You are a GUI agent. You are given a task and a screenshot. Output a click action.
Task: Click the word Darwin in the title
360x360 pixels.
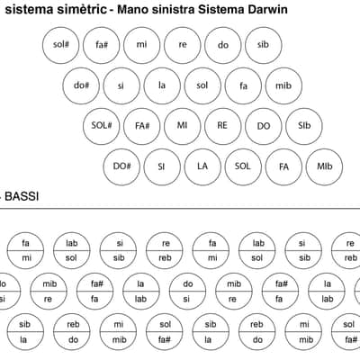tap(267, 9)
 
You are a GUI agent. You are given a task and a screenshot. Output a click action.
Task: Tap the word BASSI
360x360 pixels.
tap(22, 196)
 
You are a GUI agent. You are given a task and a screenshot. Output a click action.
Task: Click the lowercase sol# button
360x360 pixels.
tap(61, 45)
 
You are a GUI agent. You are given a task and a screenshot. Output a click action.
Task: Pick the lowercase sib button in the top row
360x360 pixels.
tap(264, 45)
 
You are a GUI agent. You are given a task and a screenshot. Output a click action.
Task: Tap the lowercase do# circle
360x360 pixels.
tap(81, 85)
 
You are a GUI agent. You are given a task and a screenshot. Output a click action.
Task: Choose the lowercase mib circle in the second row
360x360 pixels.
tap(283, 85)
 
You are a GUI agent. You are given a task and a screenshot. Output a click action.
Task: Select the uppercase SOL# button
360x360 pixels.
tap(102, 126)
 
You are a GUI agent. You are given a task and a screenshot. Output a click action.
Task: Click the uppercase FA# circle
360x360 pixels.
tap(142, 126)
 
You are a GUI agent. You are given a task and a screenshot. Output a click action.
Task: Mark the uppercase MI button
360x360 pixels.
tap(183, 126)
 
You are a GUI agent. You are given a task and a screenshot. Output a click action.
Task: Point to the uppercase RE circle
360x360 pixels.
tap(223, 126)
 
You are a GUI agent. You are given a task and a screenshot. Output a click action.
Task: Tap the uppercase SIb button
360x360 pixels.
tap(304, 126)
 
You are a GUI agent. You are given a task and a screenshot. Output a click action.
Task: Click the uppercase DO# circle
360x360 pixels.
tap(121, 166)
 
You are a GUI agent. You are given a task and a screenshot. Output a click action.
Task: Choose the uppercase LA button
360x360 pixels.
tap(202, 166)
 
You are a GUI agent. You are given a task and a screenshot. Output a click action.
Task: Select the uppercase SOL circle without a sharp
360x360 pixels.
tap(243, 166)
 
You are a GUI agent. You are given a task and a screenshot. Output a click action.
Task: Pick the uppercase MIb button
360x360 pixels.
tap(325, 166)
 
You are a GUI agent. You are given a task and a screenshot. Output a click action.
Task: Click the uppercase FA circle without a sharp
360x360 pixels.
tap(283, 166)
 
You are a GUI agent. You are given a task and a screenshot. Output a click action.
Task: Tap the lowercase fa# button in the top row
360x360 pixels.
tap(102, 45)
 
